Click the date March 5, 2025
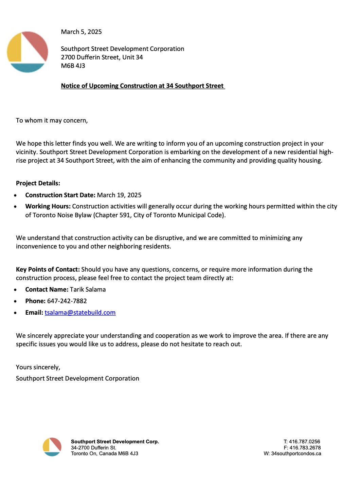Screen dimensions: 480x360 tap(81, 32)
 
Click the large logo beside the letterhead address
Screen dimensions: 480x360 tap(27, 52)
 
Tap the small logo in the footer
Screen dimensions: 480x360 tap(52, 447)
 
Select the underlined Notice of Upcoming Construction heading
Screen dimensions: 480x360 tap(142, 86)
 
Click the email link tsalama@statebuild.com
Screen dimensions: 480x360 tap(80, 313)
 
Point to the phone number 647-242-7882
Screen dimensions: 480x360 tap(67, 301)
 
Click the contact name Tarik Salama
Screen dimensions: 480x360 tap(88, 290)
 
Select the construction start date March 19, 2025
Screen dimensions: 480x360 tap(119, 195)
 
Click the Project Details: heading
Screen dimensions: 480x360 tap(38, 183)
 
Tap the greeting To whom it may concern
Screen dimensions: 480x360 tap(52, 121)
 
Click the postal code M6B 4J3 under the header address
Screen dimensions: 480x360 tap(73, 66)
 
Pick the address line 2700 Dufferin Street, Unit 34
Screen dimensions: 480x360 tap(102, 57)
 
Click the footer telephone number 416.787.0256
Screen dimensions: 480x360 tap(304, 442)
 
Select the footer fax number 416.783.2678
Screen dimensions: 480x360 tap(305, 448)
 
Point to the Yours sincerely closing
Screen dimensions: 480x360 tap(38, 367)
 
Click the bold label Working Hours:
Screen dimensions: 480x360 tap(48, 206)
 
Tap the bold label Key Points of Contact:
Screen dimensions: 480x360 tap(48, 270)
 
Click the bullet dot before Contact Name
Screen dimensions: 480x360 tap(15, 290)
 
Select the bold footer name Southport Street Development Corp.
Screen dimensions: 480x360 tap(115, 442)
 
